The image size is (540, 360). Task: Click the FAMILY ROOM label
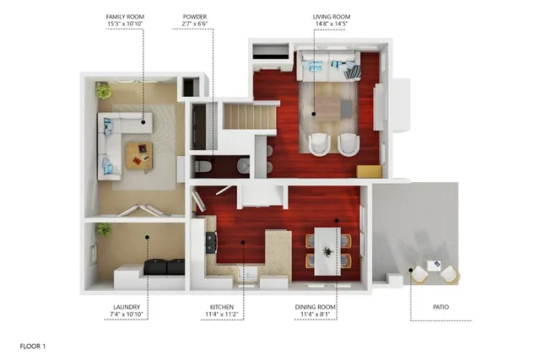coord(124,16)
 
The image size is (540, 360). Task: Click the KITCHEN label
coord(221,307)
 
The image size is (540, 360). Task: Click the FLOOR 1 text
coord(33,346)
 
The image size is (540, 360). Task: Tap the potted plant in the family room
coord(103,89)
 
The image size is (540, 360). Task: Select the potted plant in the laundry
coord(103,228)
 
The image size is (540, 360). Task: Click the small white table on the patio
coord(434,266)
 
